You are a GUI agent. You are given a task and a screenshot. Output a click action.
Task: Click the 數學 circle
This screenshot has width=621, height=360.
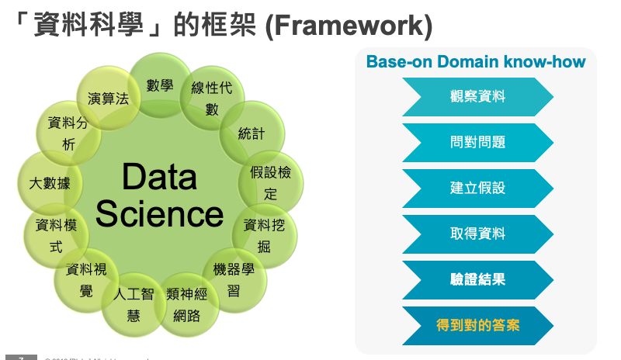click(160, 85)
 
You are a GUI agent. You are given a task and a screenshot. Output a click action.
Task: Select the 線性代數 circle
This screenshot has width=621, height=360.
click(211, 98)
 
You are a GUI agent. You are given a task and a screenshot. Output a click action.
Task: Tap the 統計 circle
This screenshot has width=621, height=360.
click(252, 133)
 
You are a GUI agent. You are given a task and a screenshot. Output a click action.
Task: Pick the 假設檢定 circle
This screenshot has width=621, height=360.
click(270, 183)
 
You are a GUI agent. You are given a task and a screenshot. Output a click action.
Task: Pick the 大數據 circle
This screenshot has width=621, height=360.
click(49, 184)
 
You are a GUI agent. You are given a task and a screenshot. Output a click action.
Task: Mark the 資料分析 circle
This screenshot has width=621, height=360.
click(68, 133)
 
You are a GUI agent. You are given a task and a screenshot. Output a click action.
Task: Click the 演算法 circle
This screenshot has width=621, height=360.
click(109, 99)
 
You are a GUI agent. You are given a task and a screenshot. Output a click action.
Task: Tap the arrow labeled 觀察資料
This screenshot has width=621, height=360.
click(477, 97)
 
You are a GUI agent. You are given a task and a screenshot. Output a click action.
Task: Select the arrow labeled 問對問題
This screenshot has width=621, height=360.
click(477, 143)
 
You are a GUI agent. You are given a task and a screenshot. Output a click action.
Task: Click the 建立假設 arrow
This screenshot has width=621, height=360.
click(477, 189)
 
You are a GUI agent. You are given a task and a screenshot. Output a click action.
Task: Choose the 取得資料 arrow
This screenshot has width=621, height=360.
click(477, 234)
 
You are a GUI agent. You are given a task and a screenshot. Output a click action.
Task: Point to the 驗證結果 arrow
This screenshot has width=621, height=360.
click(477, 279)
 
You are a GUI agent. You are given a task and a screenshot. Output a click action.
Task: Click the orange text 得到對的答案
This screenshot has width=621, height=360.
click(477, 325)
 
